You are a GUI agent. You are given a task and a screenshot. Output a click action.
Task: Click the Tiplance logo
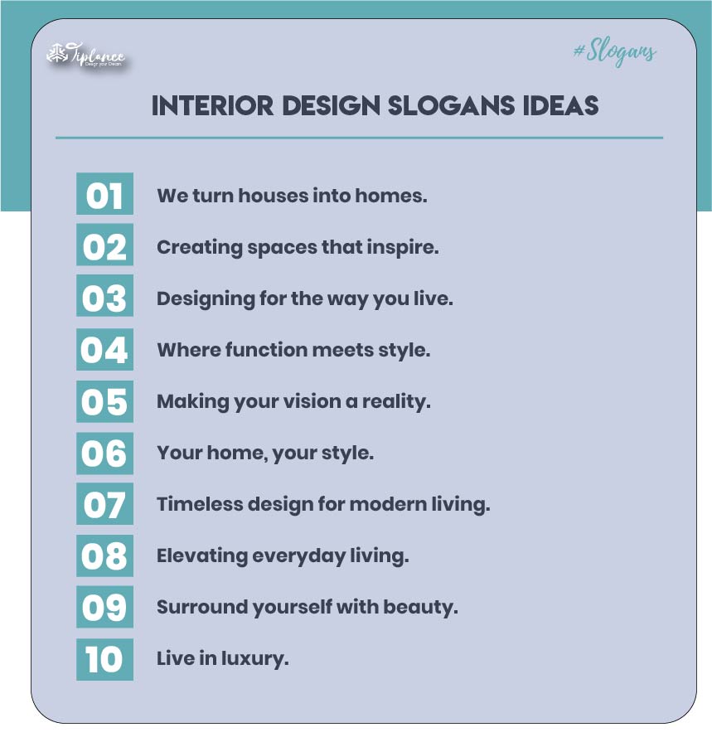tap(86, 56)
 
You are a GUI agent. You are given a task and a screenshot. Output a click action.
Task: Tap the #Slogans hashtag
tap(615, 52)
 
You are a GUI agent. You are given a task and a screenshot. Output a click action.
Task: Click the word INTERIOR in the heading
tap(212, 106)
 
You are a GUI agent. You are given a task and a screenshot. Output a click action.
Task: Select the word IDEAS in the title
tap(560, 106)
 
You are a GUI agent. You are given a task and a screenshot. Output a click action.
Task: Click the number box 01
tap(104, 194)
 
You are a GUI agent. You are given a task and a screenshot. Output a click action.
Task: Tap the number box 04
tap(104, 349)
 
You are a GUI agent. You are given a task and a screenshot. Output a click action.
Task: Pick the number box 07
tap(104, 503)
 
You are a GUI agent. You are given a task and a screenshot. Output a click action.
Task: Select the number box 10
tap(104, 659)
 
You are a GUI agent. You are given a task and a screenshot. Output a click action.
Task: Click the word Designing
tap(206, 299)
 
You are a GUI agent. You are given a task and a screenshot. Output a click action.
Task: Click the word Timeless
tap(200, 504)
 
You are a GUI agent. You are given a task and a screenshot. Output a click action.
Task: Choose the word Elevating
tap(202, 556)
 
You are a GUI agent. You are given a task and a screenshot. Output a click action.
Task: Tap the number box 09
tap(104, 607)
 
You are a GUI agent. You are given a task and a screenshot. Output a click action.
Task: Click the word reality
tap(396, 402)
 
